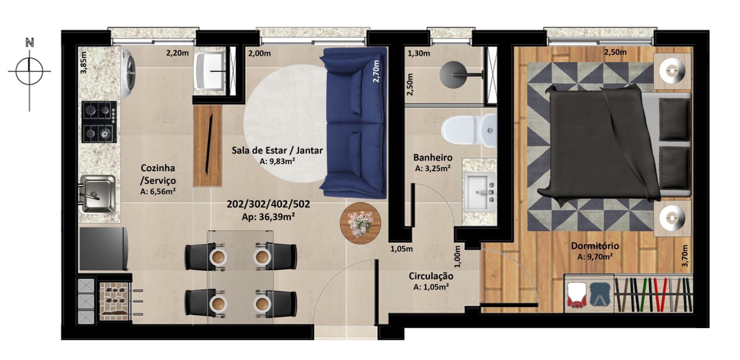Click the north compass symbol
click(x=30, y=71)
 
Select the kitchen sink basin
click(x=98, y=193)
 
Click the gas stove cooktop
click(x=99, y=122)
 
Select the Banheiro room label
click(x=432, y=158)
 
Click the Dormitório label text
click(x=595, y=246)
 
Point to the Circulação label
click(x=431, y=276)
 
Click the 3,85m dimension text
click(x=83, y=62)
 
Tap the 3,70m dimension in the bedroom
click(x=685, y=255)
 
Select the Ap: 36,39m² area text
click(x=268, y=216)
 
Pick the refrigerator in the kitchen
click(x=103, y=248)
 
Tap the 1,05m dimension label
click(x=401, y=249)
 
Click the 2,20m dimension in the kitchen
click(x=177, y=53)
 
